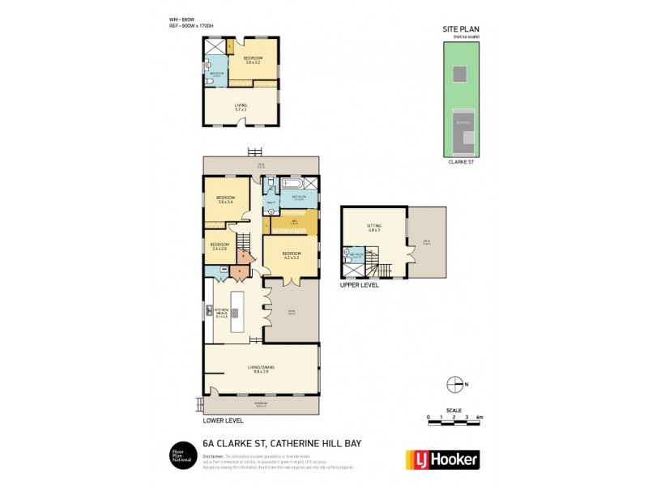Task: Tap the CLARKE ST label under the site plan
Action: click(x=459, y=162)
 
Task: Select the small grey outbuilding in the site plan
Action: click(x=458, y=75)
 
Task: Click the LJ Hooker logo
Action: click(x=441, y=459)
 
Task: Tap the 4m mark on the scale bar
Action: click(x=480, y=417)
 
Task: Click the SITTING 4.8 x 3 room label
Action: click(x=373, y=229)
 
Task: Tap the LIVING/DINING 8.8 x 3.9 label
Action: click(x=261, y=370)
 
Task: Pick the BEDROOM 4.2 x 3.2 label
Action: click(x=291, y=255)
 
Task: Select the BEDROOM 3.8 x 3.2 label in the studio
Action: click(x=254, y=60)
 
